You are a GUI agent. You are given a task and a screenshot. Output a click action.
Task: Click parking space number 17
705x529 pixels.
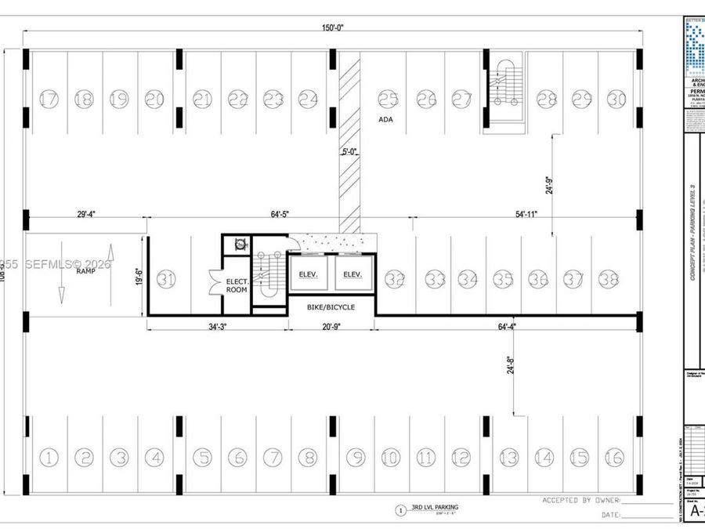pyautogui.click(x=49, y=100)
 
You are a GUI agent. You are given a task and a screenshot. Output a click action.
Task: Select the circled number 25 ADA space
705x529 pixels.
pyautogui.click(x=388, y=100)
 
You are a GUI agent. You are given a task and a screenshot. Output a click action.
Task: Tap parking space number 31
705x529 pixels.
pyautogui.click(x=165, y=278)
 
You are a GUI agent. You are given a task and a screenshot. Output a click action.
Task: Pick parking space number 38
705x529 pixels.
pyautogui.click(x=609, y=278)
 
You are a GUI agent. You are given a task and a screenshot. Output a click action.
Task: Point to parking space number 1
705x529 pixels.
pyautogui.click(x=49, y=457)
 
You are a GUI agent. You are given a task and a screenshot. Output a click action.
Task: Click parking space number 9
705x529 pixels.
pyautogui.click(x=356, y=457)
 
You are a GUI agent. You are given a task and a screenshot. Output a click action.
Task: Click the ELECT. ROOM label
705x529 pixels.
pyautogui.click(x=237, y=284)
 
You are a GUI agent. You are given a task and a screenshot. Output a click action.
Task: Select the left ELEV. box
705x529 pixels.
pyautogui.click(x=306, y=274)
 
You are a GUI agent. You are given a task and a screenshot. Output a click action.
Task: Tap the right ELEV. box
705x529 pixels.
pyautogui.click(x=352, y=274)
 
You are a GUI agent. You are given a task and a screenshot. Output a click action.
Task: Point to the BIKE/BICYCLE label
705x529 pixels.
pyautogui.click(x=330, y=307)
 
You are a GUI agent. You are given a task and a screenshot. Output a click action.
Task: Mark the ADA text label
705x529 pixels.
pyautogui.click(x=385, y=120)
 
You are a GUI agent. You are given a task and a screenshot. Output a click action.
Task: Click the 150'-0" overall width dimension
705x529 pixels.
pyautogui.click(x=333, y=27)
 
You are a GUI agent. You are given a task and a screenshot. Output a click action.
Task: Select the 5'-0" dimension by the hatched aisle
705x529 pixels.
pyautogui.click(x=349, y=152)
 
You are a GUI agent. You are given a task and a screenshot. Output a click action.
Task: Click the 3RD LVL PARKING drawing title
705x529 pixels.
pyautogui.click(x=435, y=508)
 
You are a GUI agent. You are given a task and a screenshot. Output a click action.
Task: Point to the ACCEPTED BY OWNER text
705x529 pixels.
pyautogui.click(x=580, y=500)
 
